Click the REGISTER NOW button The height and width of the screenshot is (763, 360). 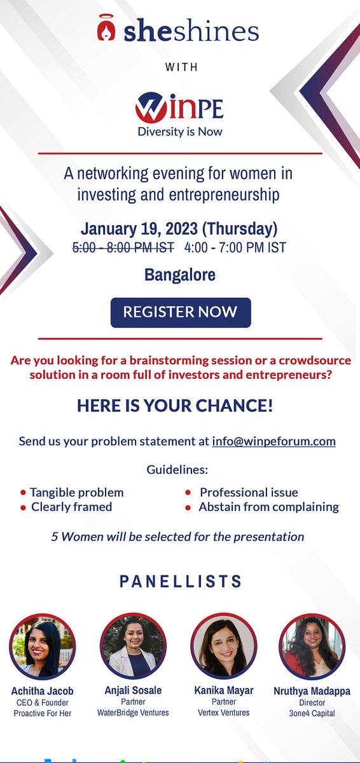click(181, 312)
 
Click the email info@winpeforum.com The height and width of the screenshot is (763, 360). click(273, 441)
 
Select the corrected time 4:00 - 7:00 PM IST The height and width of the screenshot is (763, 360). click(235, 248)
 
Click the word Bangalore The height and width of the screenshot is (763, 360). click(180, 275)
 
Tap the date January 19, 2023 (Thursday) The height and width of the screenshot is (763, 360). click(179, 229)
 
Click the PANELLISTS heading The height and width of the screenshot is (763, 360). click(181, 581)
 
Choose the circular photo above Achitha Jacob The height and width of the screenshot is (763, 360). click(42, 647)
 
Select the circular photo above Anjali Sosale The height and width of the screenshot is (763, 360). click(133, 647)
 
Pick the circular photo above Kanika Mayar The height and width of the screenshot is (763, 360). click(224, 647)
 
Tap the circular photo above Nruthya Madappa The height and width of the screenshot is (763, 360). click(312, 647)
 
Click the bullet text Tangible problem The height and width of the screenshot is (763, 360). click(76, 492)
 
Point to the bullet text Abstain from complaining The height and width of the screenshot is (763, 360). click(268, 507)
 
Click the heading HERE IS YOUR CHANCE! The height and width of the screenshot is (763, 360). click(175, 406)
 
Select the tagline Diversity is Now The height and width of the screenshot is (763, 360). click(180, 132)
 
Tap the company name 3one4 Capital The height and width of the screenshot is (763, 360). click(312, 713)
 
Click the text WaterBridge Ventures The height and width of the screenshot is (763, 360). click(133, 713)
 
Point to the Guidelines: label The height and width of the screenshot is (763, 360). click(177, 471)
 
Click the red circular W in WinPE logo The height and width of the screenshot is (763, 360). click(150, 107)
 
